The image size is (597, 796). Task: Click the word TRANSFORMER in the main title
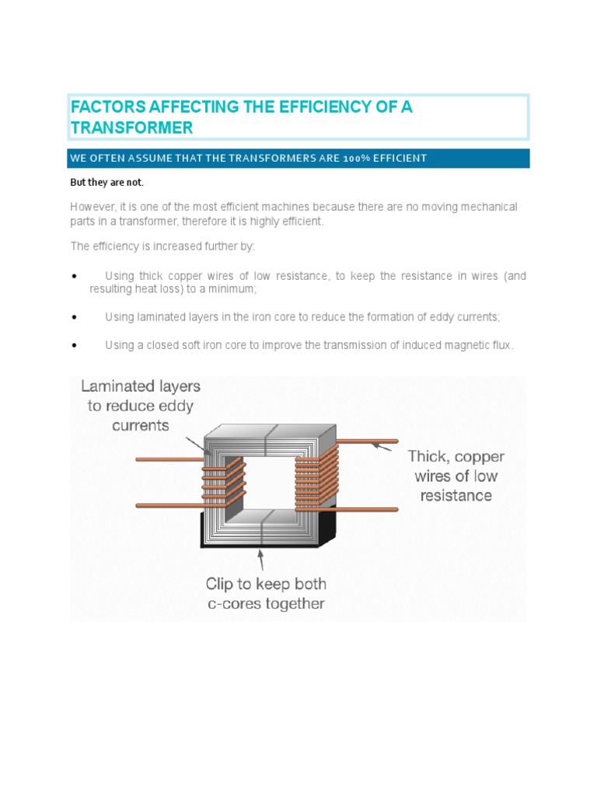point(131,127)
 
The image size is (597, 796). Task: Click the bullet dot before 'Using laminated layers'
point(73,318)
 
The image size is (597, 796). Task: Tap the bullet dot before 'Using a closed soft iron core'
point(73,346)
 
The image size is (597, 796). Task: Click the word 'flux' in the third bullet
point(500,346)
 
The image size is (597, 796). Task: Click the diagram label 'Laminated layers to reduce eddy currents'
point(141,405)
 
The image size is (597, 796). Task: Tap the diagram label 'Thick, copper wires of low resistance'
point(456,476)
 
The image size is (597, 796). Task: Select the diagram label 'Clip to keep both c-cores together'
point(265,593)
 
